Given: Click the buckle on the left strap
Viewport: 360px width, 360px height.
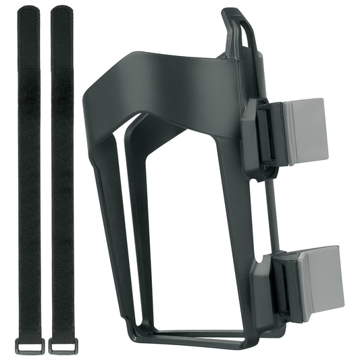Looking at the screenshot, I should point(30,345).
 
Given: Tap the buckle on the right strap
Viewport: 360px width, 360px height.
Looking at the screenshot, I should point(63,345).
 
